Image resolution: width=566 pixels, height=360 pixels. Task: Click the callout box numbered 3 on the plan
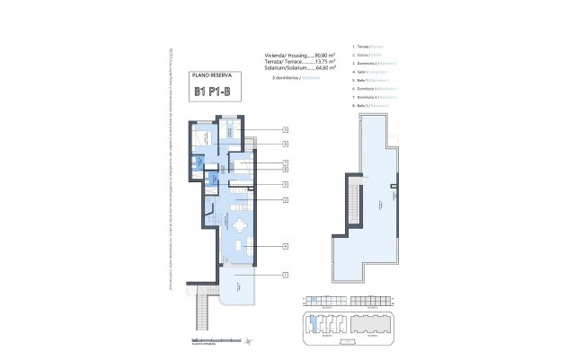(285, 131)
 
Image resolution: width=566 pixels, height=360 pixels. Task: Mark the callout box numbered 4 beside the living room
(285, 245)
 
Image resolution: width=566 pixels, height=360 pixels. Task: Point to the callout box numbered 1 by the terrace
(285, 274)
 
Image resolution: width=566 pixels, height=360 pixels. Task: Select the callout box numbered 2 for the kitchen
(285, 198)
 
